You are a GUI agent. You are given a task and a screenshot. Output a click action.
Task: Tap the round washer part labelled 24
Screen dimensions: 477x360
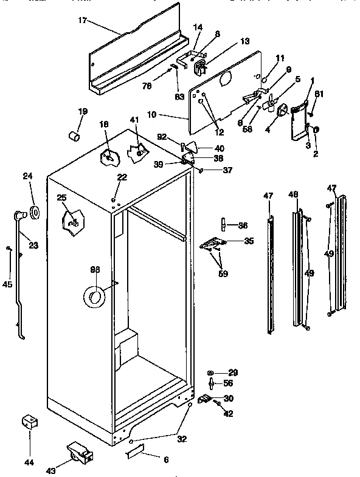click(x=33, y=213)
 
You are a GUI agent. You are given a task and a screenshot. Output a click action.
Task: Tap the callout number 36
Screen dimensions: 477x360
click(x=243, y=225)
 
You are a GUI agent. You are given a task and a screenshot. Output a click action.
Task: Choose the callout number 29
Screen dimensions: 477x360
click(x=233, y=372)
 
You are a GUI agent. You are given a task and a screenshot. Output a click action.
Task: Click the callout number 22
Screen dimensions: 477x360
click(x=122, y=177)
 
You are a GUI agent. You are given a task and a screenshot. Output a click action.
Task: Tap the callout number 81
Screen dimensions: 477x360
click(x=320, y=93)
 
